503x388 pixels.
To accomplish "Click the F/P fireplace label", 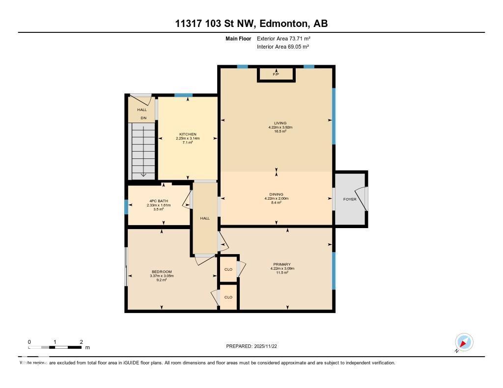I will [276, 74].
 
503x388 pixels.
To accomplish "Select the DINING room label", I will [276, 194].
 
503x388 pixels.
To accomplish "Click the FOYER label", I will [349, 199].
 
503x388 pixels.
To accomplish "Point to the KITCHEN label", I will [188, 134].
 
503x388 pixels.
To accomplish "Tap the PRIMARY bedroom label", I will [282, 264].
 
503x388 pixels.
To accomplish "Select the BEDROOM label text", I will [162, 272].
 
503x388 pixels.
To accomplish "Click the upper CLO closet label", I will [228, 269].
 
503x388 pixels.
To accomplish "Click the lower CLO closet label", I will [228, 297].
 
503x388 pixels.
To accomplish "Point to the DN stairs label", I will [143, 118].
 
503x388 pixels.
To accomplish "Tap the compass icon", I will [464, 342].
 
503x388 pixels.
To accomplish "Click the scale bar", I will [55, 347].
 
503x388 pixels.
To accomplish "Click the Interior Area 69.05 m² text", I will [282, 47].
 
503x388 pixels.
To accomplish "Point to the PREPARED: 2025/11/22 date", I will [254, 346].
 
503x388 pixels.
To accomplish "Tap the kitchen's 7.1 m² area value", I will [188, 143].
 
